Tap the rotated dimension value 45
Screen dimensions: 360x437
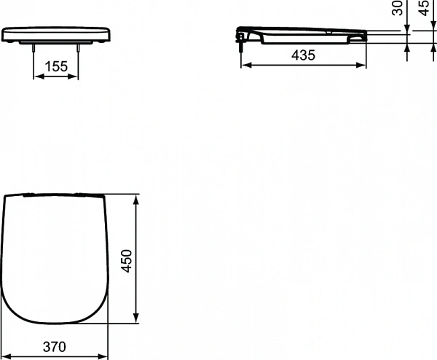pyautogui.click(x=425, y=9)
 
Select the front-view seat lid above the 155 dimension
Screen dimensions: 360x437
pyautogui.click(x=56, y=34)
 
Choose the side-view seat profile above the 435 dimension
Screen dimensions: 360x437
pyautogui.click(x=302, y=36)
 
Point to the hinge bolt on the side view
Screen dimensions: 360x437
pyautogui.click(x=240, y=41)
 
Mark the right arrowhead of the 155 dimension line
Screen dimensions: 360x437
pyautogui.click(x=77, y=77)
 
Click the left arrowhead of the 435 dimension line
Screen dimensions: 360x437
pyautogui.click(x=243, y=65)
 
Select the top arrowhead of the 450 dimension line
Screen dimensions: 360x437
pyautogui.click(x=136, y=197)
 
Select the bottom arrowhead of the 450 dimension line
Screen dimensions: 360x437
pyautogui.click(x=136, y=321)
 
